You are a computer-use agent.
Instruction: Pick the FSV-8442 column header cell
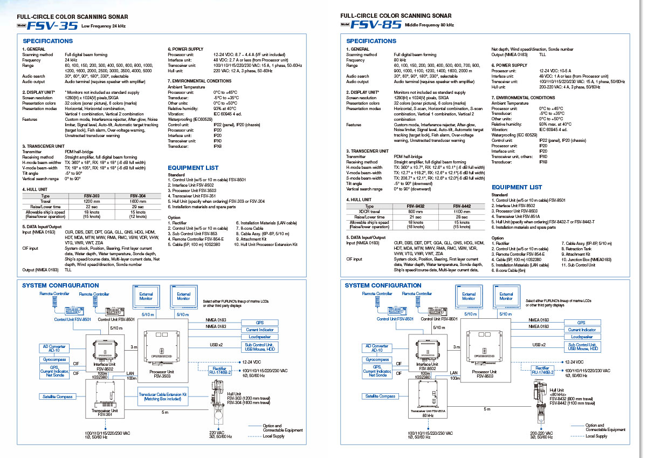[x=462, y=206]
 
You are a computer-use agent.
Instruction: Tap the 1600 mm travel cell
[x=138, y=201]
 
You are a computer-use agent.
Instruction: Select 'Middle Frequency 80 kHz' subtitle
[x=429, y=25]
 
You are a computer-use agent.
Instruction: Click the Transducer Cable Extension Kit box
[x=162, y=397]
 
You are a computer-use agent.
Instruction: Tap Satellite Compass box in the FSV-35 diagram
[x=58, y=397]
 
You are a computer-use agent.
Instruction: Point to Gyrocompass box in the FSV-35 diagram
[x=54, y=359]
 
